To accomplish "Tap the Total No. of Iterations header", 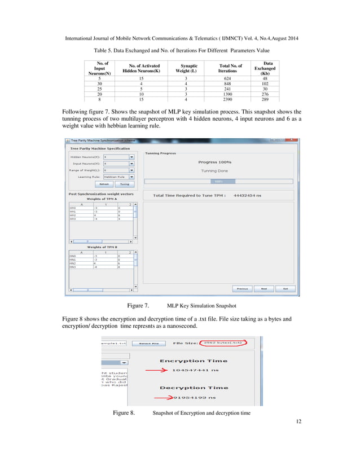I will tap(230, 69).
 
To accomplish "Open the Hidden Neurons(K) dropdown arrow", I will tap(131, 158).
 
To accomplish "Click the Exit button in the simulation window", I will tap(286, 288).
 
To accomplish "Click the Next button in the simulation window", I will tap(264, 288).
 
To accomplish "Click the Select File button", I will tap(150, 343).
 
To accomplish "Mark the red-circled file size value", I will tap(223, 342).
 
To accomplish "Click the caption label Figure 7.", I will tap(138, 306).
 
